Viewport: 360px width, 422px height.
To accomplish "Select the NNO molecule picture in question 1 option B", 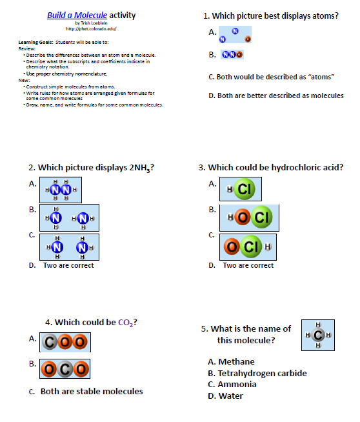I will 232,55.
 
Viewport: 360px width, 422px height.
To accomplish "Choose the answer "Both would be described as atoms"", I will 271,77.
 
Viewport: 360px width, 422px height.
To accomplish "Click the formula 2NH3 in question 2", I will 140,168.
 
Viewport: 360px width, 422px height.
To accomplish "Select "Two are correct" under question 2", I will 68,265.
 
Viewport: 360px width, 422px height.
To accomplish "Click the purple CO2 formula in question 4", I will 128,323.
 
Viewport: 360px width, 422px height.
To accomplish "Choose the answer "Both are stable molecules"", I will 92,391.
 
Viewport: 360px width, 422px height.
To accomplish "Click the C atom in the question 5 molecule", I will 318,336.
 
